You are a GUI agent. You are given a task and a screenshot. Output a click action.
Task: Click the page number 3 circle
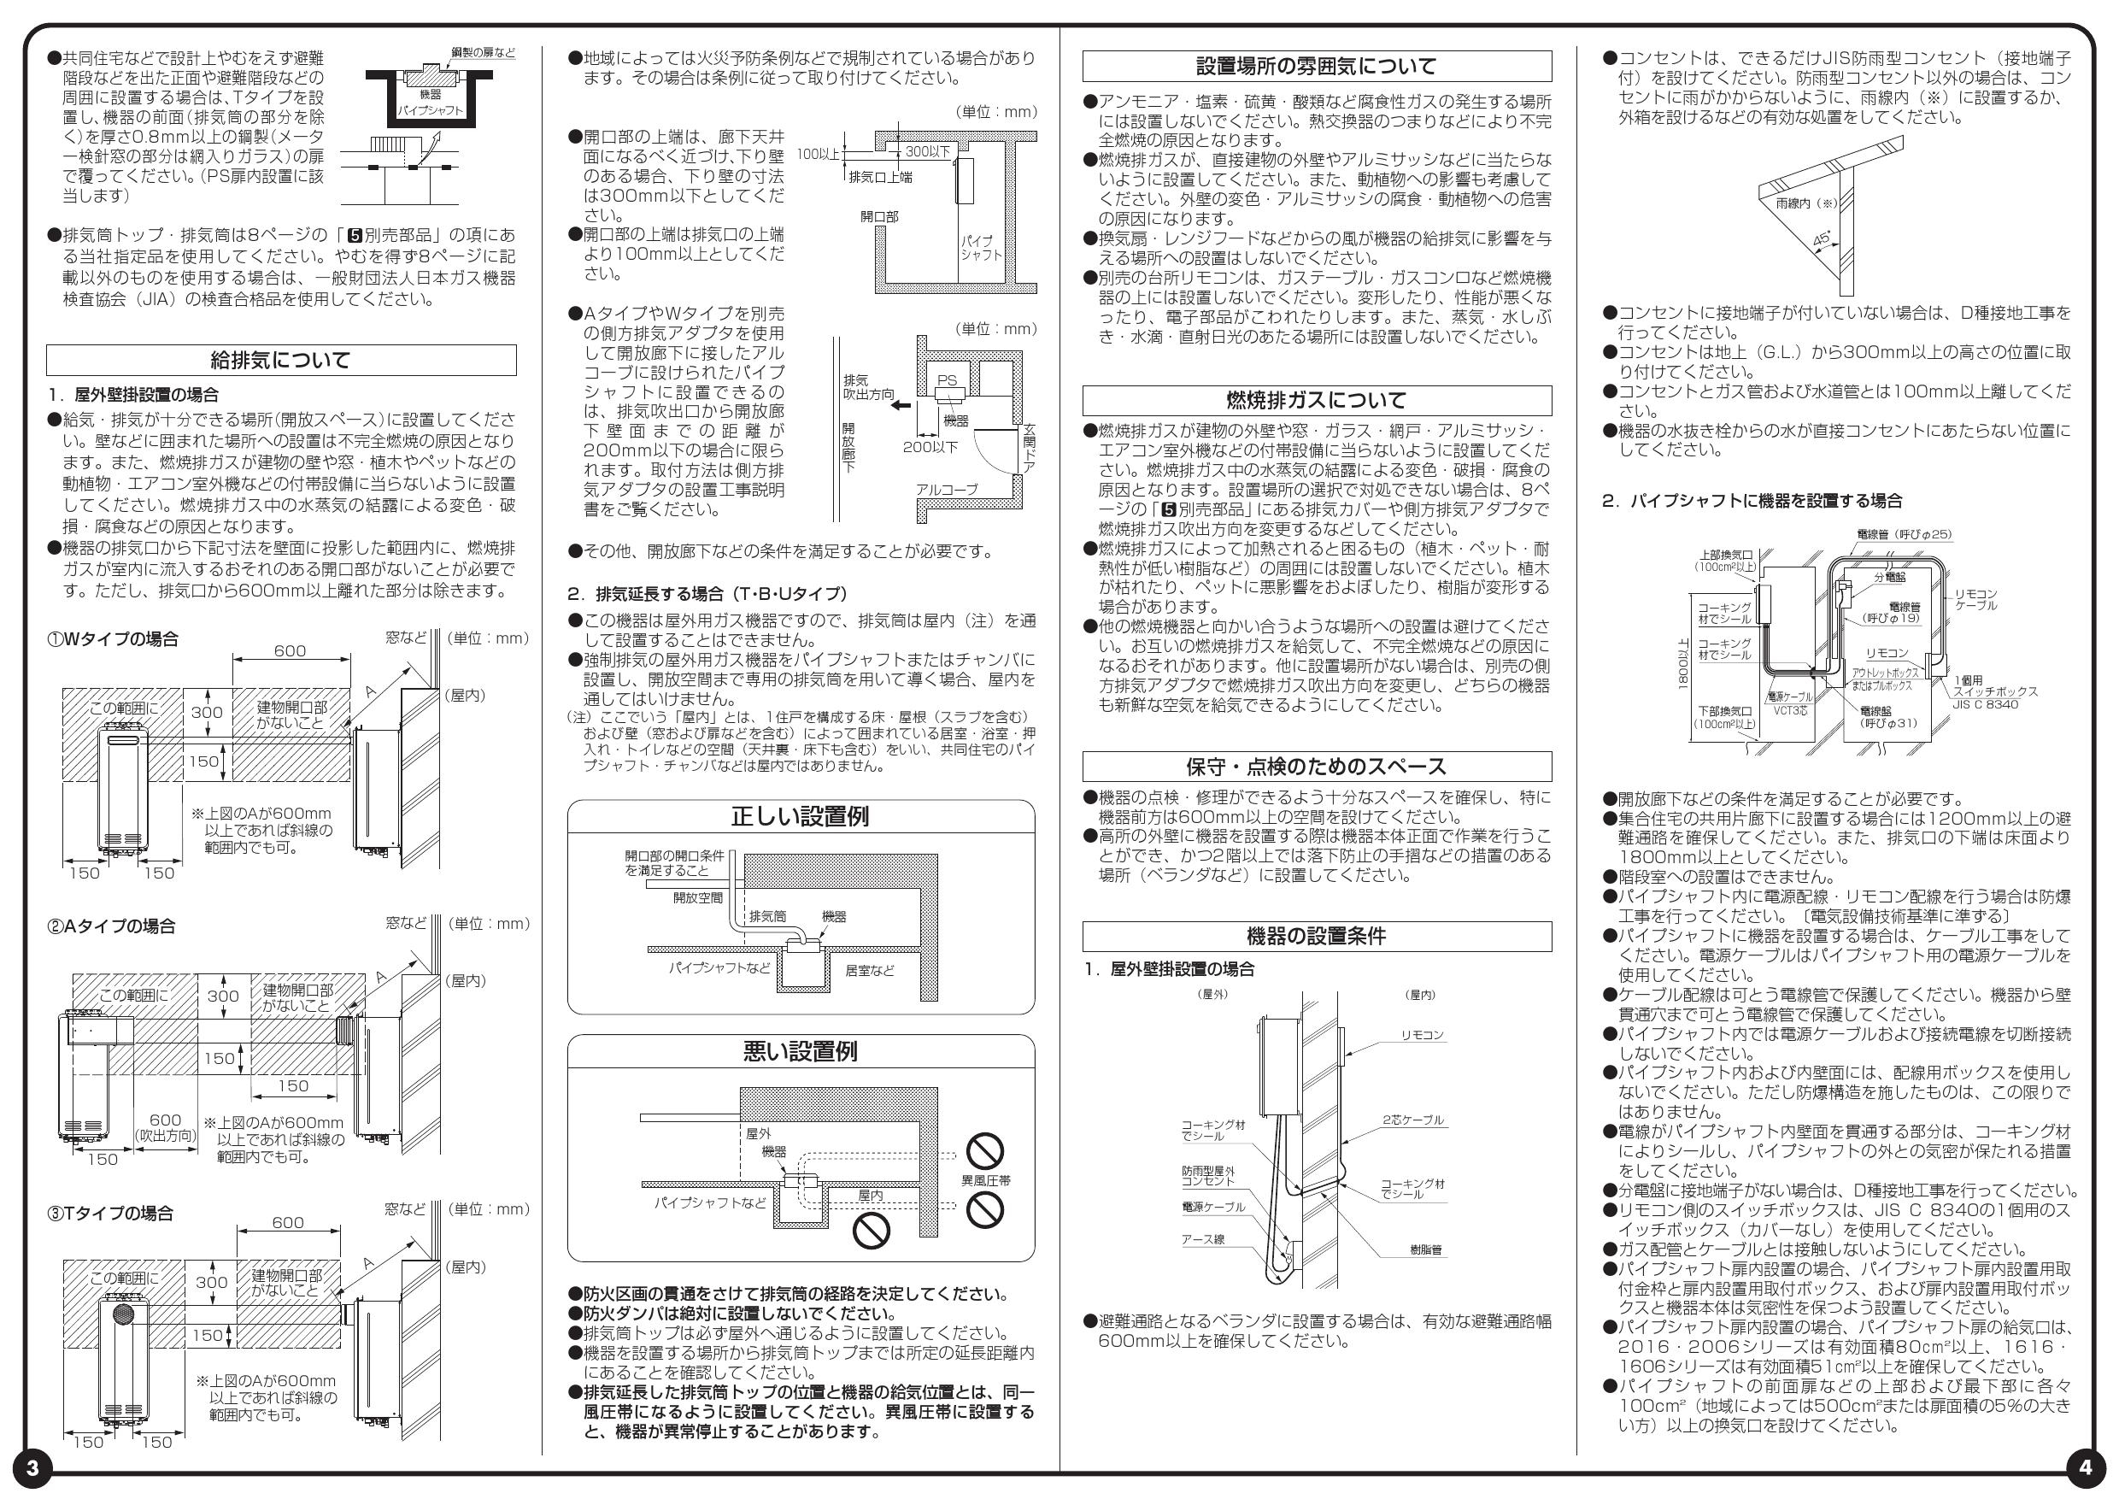click(x=32, y=1467)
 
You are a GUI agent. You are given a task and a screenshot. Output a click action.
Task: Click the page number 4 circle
click(x=2087, y=1467)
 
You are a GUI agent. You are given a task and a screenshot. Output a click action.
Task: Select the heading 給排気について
click(x=280, y=360)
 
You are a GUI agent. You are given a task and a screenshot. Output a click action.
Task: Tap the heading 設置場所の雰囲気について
click(x=1316, y=67)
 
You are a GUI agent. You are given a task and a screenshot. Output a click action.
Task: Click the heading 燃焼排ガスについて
click(x=1316, y=401)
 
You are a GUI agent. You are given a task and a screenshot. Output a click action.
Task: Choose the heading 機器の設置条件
click(x=1316, y=937)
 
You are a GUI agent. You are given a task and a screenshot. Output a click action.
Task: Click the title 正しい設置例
click(x=800, y=817)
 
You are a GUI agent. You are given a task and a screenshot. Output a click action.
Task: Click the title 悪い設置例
click(x=800, y=1051)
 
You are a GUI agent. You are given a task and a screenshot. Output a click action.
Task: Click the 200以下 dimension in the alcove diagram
click(x=930, y=447)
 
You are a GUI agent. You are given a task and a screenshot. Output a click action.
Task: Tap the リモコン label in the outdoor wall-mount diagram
click(x=1422, y=1036)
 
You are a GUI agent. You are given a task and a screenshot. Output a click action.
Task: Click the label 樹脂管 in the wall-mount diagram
click(x=1426, y=1249)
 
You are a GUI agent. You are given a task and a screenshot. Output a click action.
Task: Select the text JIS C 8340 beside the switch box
click(x=1985, y=704)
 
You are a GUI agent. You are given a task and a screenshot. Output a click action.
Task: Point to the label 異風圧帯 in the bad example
click(x=986, y=1180)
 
